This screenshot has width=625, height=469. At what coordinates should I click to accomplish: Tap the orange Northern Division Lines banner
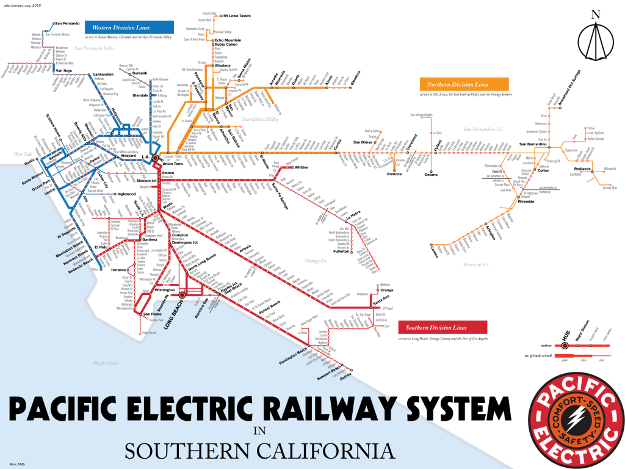pyautogui.click(x=458, y=84)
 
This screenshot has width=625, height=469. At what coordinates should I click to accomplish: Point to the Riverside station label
pyautogui.click(x=526, y=202)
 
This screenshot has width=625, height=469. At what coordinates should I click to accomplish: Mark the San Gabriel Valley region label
pyautogui.click(x=260, y=119)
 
